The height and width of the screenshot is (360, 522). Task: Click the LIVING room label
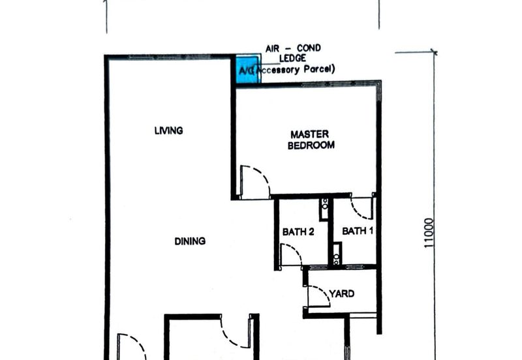168,130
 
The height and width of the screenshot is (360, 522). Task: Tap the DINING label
190,241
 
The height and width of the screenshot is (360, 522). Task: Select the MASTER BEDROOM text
311,140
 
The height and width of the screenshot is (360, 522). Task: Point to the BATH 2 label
299,231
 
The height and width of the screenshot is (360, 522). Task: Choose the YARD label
341,293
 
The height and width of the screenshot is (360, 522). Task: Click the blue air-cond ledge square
247,70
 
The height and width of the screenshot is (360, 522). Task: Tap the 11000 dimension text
429,233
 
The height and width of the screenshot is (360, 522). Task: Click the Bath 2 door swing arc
291,255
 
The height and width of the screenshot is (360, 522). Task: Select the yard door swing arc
319,296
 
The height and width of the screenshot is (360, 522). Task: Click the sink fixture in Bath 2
324,209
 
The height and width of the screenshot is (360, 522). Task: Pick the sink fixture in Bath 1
337,253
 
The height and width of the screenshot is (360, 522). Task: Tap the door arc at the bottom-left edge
130,346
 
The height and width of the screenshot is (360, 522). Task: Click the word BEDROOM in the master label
311,145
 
